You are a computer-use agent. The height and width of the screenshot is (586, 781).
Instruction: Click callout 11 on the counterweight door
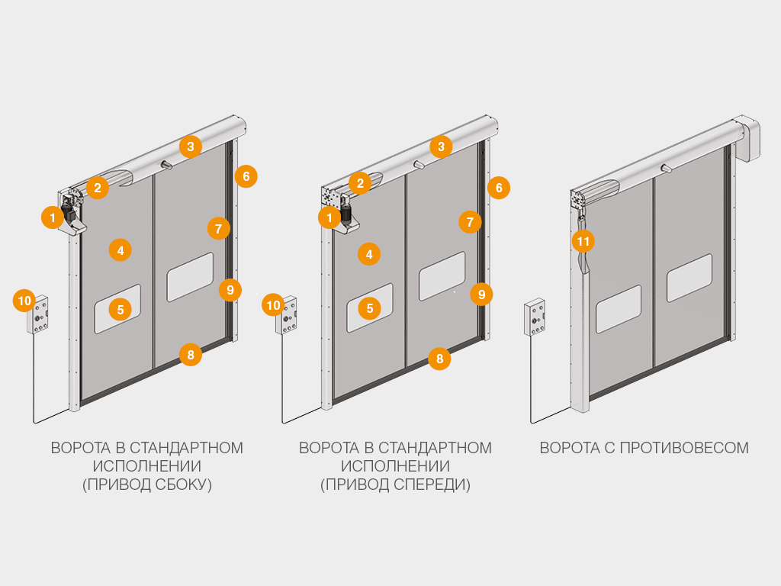tap(583, 242)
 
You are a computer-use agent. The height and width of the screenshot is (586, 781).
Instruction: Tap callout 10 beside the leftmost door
tap(24, 301)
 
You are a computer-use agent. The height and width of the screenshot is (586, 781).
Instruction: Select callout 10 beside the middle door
tap(273, 305)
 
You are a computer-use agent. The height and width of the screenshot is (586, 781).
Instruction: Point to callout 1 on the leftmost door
tap(52, 218)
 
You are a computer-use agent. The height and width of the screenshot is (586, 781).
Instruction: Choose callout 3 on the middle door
tap(441, 146)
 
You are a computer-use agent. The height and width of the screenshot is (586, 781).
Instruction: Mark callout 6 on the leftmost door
tap(246, 177)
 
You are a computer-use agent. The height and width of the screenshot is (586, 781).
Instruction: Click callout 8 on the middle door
tap(439, 359)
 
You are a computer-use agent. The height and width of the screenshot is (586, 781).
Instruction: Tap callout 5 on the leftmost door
tap(121, 309)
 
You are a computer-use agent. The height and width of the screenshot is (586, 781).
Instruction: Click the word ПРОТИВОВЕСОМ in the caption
tap(683, 448)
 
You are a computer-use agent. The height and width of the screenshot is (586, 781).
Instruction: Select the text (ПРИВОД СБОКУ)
tap(146, 485)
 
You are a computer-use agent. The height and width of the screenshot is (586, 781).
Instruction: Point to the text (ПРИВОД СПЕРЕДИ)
tap(395, 485)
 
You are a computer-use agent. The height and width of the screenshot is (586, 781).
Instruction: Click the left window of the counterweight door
tap(618, 308)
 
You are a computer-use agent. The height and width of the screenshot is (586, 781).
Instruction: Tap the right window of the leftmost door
tap(190, 276)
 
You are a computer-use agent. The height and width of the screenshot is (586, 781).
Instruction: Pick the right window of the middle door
tap(442, 275)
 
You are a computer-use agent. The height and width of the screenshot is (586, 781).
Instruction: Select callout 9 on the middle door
tap(481, 294)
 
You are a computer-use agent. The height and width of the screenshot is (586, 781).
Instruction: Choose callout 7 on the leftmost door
tap(218, 227)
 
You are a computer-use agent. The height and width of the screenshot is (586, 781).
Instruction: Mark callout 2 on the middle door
tap(360, 182)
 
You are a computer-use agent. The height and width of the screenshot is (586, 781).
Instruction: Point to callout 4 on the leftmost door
tap(120, 250)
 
